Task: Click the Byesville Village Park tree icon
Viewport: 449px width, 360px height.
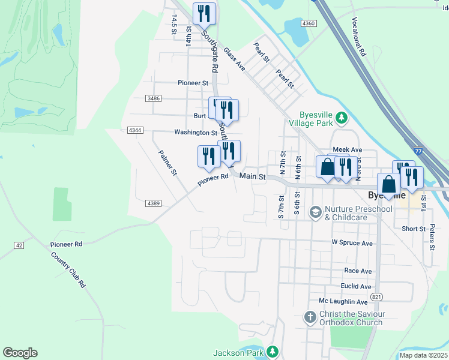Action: [x=342, y=117]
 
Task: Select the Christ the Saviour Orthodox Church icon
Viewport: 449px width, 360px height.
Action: [x=310, y=316]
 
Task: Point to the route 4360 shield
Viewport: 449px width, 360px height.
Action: [x=308, y=23]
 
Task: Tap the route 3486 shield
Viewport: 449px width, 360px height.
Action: [x=153, y=98]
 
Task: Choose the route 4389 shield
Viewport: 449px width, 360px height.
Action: [x=153, y=204]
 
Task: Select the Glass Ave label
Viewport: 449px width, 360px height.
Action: [x=234, y=59]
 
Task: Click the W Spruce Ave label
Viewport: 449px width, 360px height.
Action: [x=352, y=243]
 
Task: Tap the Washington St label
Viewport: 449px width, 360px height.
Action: [x=196, y=132]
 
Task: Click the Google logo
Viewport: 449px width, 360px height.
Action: [x=20, y=353]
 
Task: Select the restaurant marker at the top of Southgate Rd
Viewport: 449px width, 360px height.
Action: [x=203, y=13]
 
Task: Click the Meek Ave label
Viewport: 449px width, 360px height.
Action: [x=348, y=149]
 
